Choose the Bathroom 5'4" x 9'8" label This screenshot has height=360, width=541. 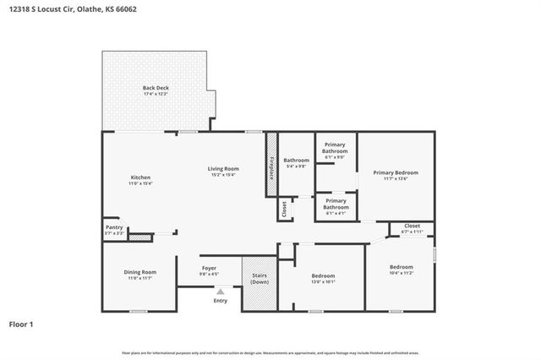pos(296,162)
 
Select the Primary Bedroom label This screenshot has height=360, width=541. pos(396,175)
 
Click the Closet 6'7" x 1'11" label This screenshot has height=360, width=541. pos(412,228)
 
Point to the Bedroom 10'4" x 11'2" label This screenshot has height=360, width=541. pos(401,269)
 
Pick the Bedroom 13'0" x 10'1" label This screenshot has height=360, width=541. pos(323,278)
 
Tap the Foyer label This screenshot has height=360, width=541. pos(209,270)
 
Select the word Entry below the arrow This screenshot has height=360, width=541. pos(221,301)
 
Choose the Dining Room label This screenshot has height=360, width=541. pos(139,274)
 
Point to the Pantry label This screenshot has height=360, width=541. pos(113,229)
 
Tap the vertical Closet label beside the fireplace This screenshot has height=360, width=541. pos(285,208)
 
